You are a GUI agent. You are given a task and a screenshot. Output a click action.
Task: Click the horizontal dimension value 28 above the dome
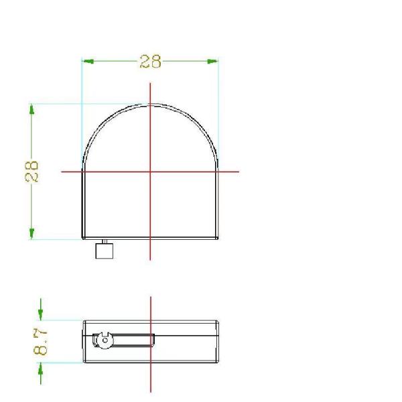(x=151, y=61)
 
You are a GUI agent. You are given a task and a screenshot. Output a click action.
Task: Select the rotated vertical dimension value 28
(x=31, y=172)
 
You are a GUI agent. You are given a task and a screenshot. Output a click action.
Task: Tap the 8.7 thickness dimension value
(x=40, y=342)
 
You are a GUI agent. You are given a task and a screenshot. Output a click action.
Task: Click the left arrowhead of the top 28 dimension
(x=88, y=61)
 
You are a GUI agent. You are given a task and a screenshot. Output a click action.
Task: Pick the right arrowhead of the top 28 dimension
(x=212, y=61)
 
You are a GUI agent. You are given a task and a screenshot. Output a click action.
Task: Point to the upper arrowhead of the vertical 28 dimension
(x=31, y=109)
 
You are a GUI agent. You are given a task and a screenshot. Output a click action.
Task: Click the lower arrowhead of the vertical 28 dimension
(x=31, y=234)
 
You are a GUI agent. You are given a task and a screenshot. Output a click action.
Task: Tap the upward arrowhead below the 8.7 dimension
(x=40, y=368)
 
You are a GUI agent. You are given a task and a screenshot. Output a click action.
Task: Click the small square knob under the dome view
(x=105, y=251)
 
